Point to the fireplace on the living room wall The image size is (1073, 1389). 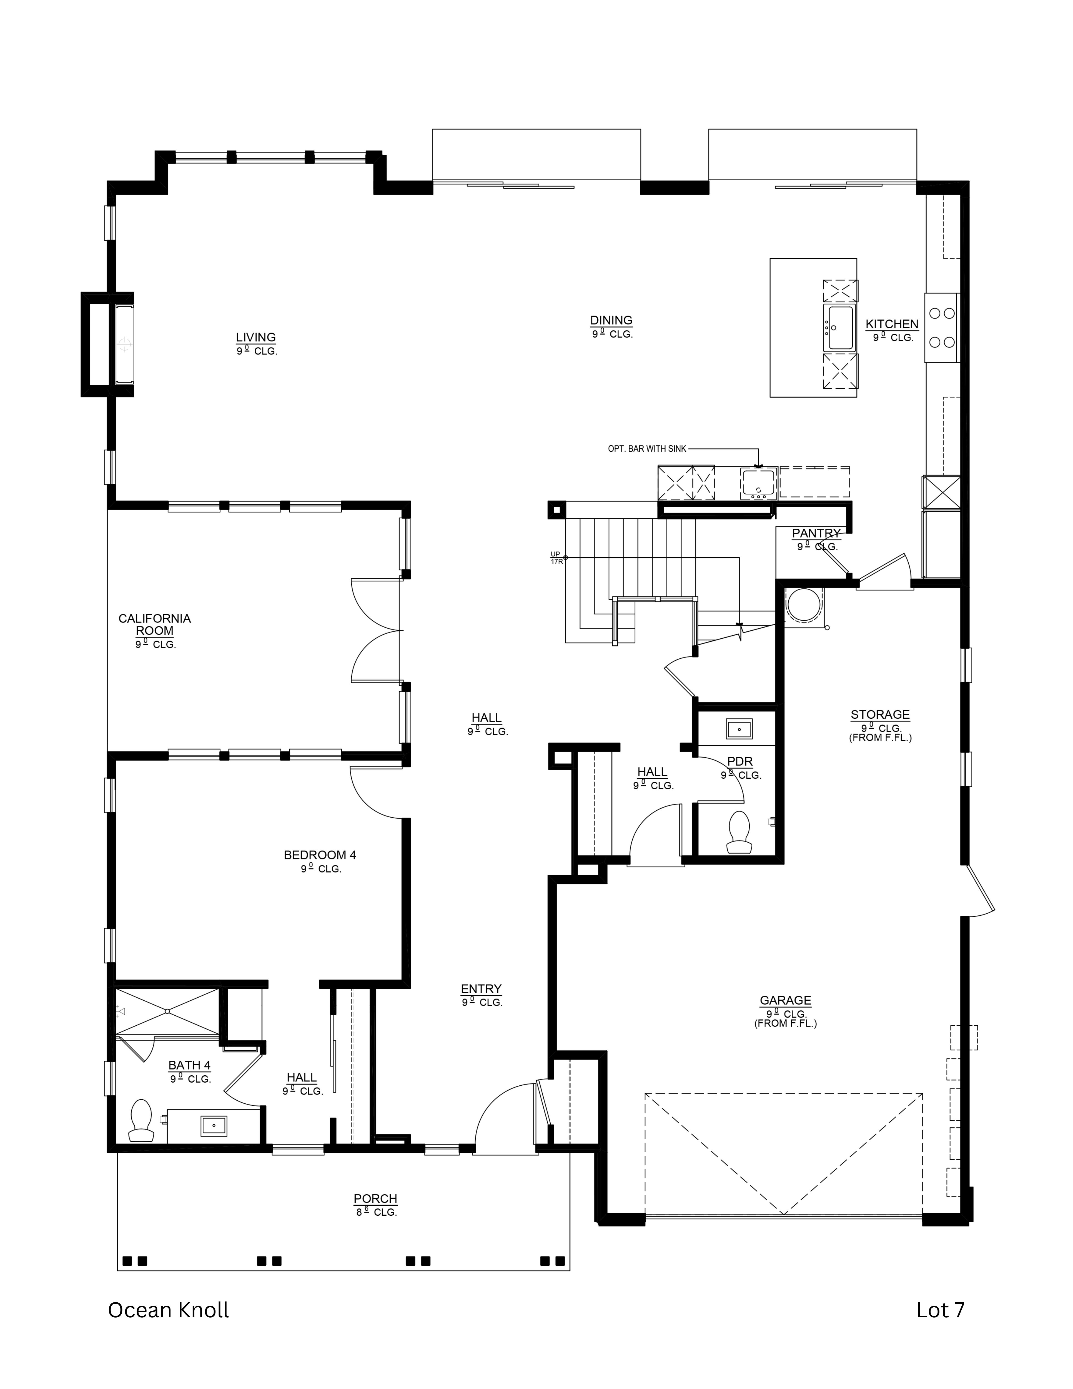coord(125,344)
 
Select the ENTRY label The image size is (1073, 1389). coord(481,989)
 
